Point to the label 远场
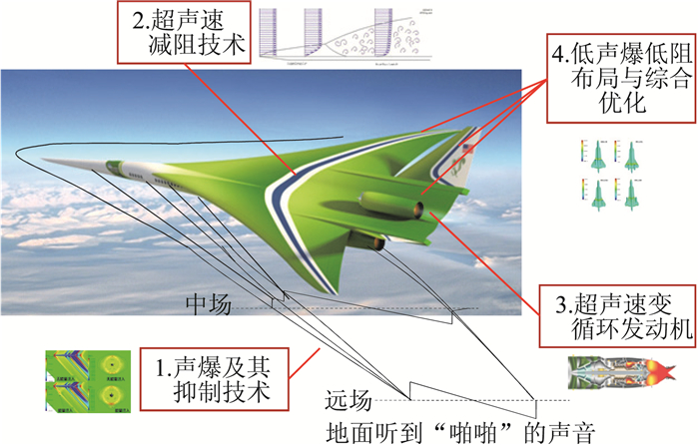point(349,401)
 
